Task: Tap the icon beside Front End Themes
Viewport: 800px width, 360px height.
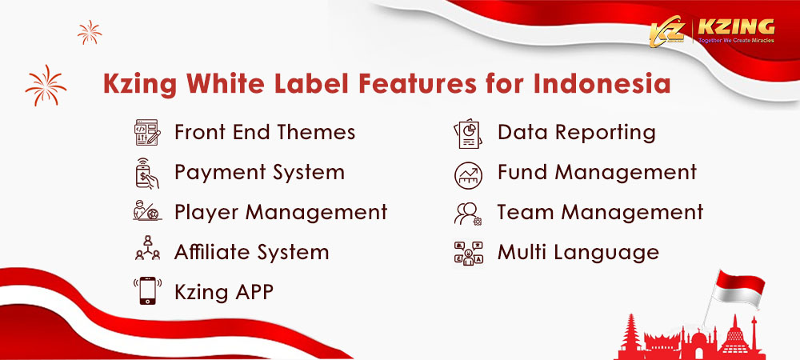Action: (147, 133)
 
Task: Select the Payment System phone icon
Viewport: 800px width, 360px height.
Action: (147, 173)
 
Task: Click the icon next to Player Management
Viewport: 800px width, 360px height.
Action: (147, 210)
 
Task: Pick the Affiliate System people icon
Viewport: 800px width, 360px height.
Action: (147, 248)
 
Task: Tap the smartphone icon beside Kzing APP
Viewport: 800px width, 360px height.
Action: (147, 290)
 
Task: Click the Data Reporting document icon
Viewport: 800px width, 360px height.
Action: (468, 134)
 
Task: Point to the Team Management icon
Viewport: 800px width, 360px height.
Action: (468, 214)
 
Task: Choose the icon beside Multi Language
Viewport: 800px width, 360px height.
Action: (468, 254)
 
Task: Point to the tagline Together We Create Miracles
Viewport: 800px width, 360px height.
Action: (736, 40)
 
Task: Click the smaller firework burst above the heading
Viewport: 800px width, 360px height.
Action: (90, 32)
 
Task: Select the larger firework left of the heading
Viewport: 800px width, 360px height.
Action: (46, 85)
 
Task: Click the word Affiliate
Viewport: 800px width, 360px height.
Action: (210, 252)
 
